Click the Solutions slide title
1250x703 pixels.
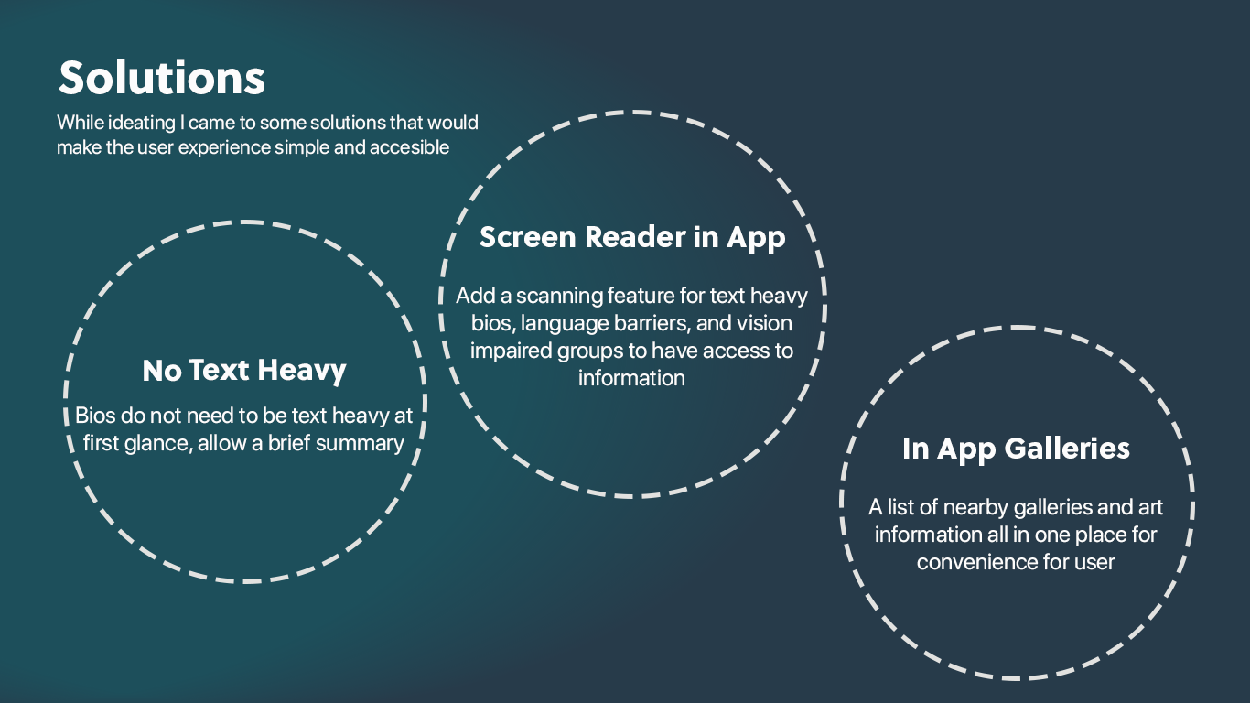[x=162, y=79]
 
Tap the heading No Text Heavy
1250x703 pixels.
[x=244, y=371]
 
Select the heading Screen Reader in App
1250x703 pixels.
[x=632, y=238]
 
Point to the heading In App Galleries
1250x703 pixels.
[x=1016, y=449]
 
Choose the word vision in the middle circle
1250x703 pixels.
[x=764, y=324]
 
